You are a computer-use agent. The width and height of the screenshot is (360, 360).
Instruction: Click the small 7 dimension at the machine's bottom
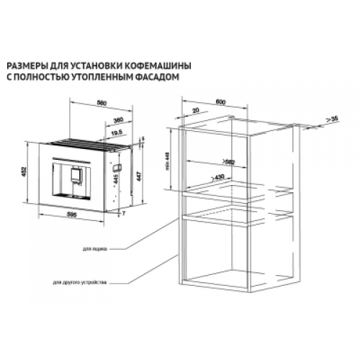pyautogui.click(x=124, y=215)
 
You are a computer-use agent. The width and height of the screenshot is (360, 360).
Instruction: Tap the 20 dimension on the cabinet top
pyautogui.click(x=196, y=113)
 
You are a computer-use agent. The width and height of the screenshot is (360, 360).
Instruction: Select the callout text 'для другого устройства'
pyautogui.click(x=79, y=282)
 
